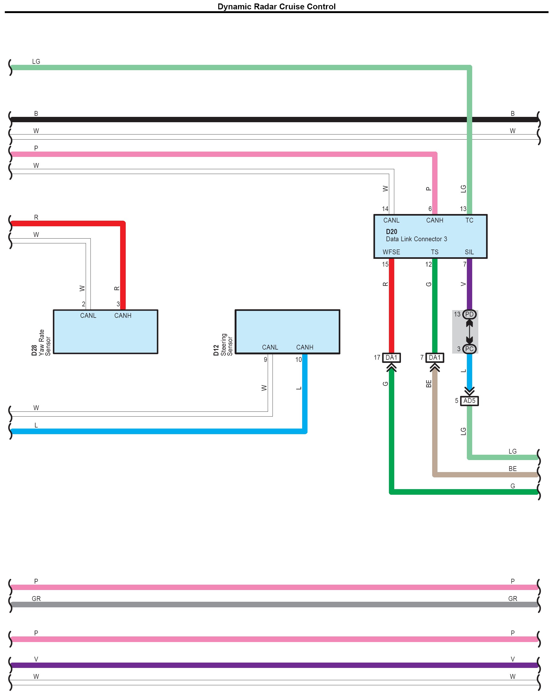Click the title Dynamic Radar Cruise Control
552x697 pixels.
pyautogui.click(x=276, y=6)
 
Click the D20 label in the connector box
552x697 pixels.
pyautogui.click(x=391, y=232)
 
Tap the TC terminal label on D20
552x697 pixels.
pyautogui.click(x=469, y=220)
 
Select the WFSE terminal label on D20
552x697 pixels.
pyautogui.click(x=391, y=252)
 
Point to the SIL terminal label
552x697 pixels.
pyautogui.click(x=469, y=252)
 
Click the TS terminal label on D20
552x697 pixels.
pyautogui.click(x=434, y=252)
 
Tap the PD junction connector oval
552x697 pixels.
pyautogui.click(x=469, y=314)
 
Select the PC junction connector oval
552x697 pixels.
pyautogui.click(x=469, y=349)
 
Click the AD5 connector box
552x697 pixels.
pyautogui.click(x=469, y=401)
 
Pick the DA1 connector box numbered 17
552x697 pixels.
pyautogui.click(x=391, y=357)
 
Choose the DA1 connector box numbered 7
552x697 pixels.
pyautogui.click(x=434, y=357)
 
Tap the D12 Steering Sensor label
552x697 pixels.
pyautogui.click(x=223, y=345)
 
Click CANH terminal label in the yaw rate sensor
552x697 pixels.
pyautogui.click(x=123, y=316)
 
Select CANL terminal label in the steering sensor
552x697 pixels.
pyautogui.click(x=270, y=347)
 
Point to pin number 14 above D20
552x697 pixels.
pyautogui.click(x=385, y=209)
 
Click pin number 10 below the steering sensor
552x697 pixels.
pyautogui.click(x=298, y=360)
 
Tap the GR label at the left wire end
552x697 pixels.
pyautogui.click(x=36, y=599)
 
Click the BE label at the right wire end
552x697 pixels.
pyautogui.click(x=512, y=469)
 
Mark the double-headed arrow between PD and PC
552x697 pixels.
pyautogui.click(x=469, y=331)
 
